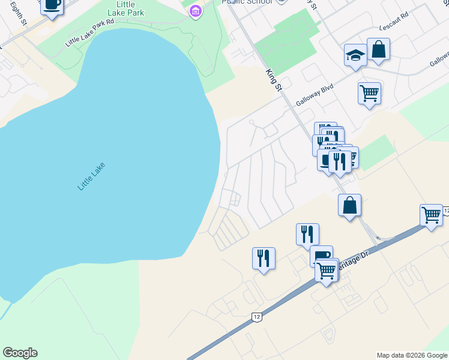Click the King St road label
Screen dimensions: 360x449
tap(274, 80)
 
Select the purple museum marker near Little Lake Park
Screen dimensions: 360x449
tap(194, 11)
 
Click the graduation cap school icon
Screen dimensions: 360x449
tap(355, 56)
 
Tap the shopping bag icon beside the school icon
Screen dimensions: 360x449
tap(379, 50)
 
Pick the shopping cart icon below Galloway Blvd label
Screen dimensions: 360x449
tap(369, 94)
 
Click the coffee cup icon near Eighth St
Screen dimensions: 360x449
tap(52, 5)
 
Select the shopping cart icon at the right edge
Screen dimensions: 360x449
tap(431, 215)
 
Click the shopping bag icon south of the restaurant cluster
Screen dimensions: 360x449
tap(349, 205)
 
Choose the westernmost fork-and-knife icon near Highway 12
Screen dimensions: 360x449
tap(264, 259)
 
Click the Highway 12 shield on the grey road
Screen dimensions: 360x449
tap(257, 316)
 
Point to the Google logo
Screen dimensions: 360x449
tap(20, 353)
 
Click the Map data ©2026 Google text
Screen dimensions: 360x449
tap(411, 355)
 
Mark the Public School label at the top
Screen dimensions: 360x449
tap(247, 2)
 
